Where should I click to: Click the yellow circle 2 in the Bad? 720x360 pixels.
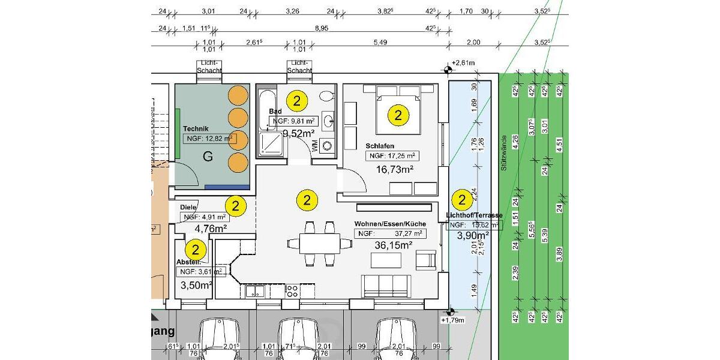point(297,101)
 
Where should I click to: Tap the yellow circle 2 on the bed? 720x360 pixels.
point(398,115)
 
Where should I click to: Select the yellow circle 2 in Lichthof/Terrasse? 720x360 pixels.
point(462,200)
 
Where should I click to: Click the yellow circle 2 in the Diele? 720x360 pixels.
point(236,206)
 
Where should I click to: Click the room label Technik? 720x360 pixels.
point(196,129)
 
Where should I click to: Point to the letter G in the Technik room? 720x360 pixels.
point(208,157)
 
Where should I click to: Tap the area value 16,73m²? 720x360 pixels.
point(394,170)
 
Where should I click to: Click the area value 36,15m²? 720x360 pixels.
point(392,245)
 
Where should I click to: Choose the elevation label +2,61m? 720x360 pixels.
point(463,63)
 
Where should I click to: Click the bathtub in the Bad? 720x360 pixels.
point(266,110)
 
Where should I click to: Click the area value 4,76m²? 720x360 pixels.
point(211,229)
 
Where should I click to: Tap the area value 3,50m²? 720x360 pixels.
point(196,285)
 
